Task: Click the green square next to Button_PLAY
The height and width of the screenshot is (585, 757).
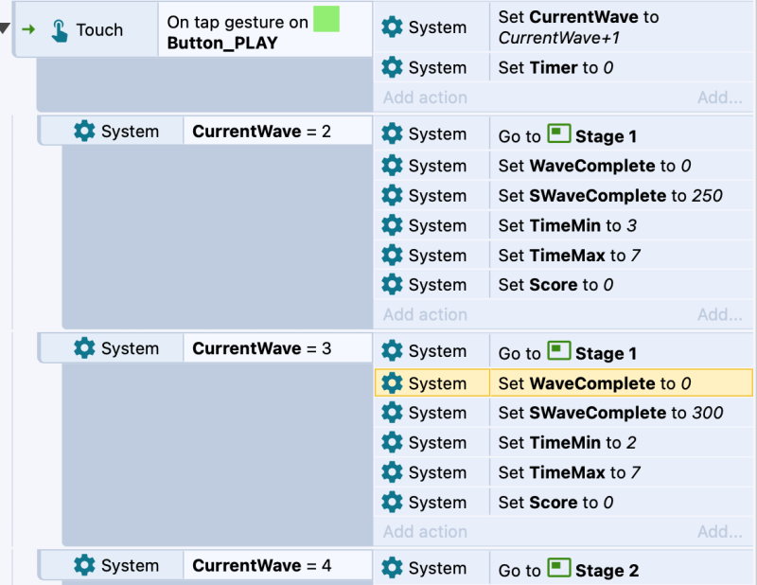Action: pyautogui.click(x=326, y=19)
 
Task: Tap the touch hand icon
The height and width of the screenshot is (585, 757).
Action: pyautogui.click(x=60, y=30)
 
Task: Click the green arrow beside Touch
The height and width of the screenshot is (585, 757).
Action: pyautogui.click(x=29, y=29)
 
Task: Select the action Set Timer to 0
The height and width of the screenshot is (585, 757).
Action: pyautogui.click(x=555, y=67)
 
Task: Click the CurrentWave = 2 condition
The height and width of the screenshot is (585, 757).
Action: pyautogui.click(x=262, y=132)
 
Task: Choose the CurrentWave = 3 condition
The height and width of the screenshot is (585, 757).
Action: pyautogui.click(x=262, y=348)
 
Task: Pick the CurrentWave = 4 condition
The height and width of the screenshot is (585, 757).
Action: pyautogui.click(x=262, y=565)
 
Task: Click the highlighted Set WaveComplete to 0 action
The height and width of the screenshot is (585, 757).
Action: pyautogui.click(x=594, y=383)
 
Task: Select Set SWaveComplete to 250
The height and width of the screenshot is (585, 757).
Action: pyautogui.click(x=610, y=196)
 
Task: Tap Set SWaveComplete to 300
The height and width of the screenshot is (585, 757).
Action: pyautogui.click(x=610, y=413)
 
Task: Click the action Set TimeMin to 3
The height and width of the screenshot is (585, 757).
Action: pyautogui.click(x=567, y=225)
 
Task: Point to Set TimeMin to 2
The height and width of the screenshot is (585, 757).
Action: pyautogui.click(x=567, y=442)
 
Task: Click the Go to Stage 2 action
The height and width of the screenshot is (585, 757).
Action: pyautogui.click(x=569, y=570)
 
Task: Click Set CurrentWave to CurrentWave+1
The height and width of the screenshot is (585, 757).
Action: pyautogui.click(x=578, y=27)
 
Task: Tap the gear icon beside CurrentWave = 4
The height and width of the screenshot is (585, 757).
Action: pyautogui.click(x=84, y=565)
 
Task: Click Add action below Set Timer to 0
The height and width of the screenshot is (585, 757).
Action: pyautogui.click(x=425, y=97)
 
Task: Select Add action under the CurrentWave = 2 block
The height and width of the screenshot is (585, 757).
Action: pyautogui.click(x=425, y=314)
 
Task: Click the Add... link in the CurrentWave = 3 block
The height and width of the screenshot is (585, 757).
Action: pyautogui.click(x=720, y=532)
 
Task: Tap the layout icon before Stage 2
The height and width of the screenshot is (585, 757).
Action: pyautogui.click(x=559, y=568)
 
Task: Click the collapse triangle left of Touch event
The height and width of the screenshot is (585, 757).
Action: pyautogui.click(x=5, y=29)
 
